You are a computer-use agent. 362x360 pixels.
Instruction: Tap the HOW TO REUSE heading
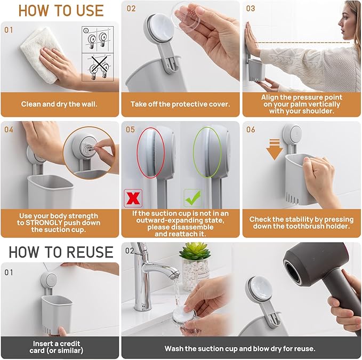(61, 252)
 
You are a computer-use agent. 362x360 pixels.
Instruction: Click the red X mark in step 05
(132, 197)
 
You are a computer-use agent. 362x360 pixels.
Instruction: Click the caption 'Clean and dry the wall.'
(59, 104)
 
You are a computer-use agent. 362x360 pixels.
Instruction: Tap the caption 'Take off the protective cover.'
(180, 104)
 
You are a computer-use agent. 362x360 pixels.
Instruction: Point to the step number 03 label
(251, 9)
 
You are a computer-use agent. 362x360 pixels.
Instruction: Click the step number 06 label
(251, 130)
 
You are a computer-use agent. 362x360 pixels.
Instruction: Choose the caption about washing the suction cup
(241, 348)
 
